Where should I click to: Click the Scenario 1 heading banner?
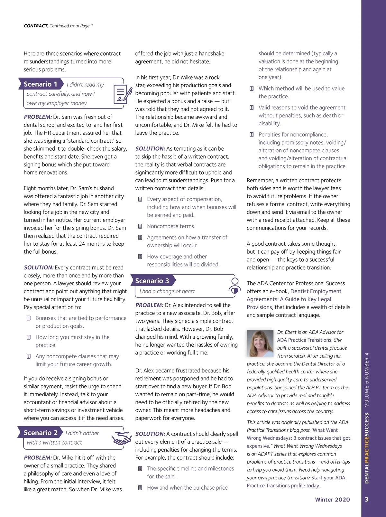tap(41, 84)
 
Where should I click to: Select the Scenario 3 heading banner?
tap(152, 281)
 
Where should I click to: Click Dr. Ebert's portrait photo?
tap(260, 343)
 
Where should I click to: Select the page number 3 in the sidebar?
tap(367, 500)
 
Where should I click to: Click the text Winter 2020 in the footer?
tap(332, 500)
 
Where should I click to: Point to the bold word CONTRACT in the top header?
tap(36, 26)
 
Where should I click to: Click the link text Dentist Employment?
tap(316, 291)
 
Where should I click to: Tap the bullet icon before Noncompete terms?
tap(140, 226)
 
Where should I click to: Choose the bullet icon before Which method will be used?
tap(252, 89)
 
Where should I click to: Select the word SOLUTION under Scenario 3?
tap(150, 434)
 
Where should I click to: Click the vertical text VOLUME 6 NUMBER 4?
tap(367, 380)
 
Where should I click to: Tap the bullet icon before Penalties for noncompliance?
tap(252, 135)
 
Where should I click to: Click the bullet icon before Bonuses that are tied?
tap(29, 318)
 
